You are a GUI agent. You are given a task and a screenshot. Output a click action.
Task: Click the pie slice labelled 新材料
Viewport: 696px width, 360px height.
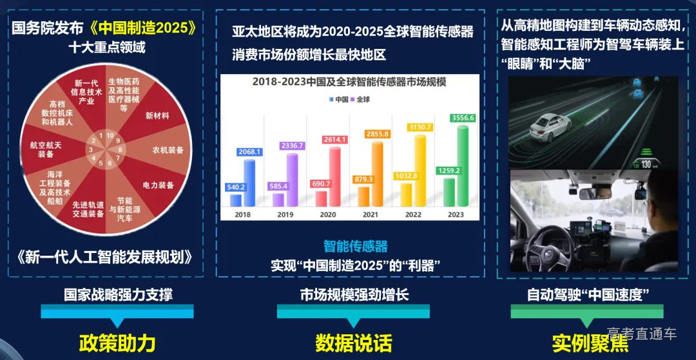click(157, 116)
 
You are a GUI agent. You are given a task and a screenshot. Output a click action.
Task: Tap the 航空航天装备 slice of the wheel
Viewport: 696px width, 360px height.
click(46, 149)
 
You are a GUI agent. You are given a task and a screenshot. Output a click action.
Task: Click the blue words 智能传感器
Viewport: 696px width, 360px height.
click(355, 246)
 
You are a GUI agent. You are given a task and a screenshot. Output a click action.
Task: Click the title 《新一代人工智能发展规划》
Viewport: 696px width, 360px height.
click(105, 257)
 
